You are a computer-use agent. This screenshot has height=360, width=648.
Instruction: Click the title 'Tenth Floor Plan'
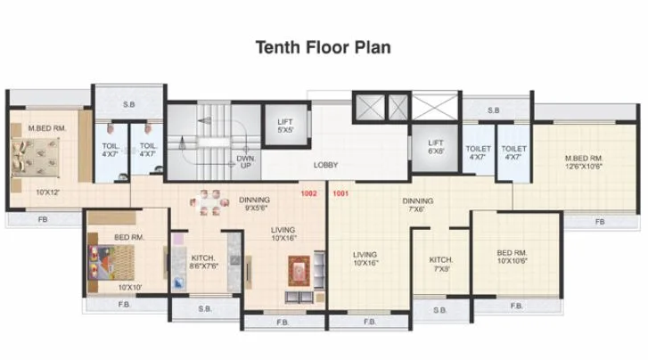324,46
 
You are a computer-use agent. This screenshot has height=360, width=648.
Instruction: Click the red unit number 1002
309,192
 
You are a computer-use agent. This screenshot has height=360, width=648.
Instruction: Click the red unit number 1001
340,192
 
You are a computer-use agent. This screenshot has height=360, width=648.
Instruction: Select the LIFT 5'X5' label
285,125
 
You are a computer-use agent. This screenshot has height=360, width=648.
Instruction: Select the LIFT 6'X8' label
435,146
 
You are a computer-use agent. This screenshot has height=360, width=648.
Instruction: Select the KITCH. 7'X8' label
441,263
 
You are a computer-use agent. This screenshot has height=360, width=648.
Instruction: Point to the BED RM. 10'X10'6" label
514,257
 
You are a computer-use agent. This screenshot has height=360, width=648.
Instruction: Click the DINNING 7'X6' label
417,205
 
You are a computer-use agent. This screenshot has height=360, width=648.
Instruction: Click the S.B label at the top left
128,104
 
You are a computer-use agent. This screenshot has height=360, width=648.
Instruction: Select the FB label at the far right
599,220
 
